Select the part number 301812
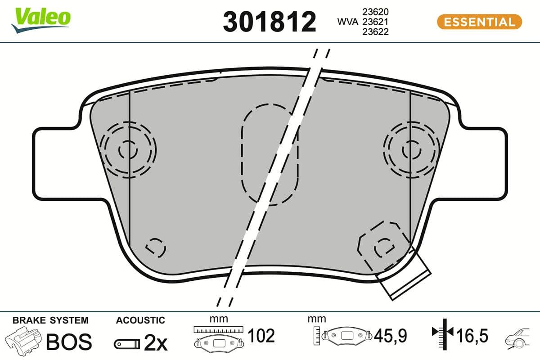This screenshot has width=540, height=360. coord(270,22)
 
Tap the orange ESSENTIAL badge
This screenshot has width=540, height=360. coord(479,22)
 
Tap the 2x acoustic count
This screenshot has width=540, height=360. coord(155,344)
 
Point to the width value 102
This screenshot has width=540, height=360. coord(261,336)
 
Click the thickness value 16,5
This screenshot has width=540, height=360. coord(472,336)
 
